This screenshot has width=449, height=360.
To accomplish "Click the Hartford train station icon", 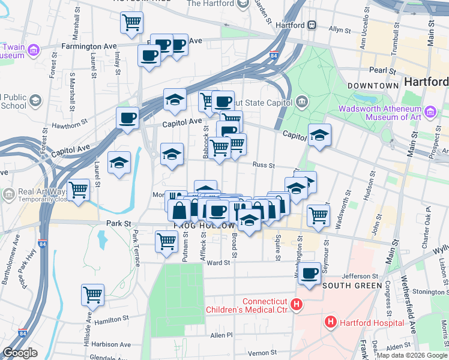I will [x=312, y=25].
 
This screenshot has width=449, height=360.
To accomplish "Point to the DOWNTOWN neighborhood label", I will [x=373, y=86].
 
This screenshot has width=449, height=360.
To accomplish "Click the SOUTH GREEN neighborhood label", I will [x=352, y=286].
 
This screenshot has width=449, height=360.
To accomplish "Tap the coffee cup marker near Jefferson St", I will [x=310, y=274].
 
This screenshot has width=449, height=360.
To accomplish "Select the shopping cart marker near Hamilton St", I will [x=93, y=294].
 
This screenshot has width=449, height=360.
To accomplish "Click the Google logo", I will [x=20, y=353].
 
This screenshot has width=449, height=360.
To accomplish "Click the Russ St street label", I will [x=263, y=165].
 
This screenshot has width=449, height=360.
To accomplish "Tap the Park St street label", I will [x=119, y=224].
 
